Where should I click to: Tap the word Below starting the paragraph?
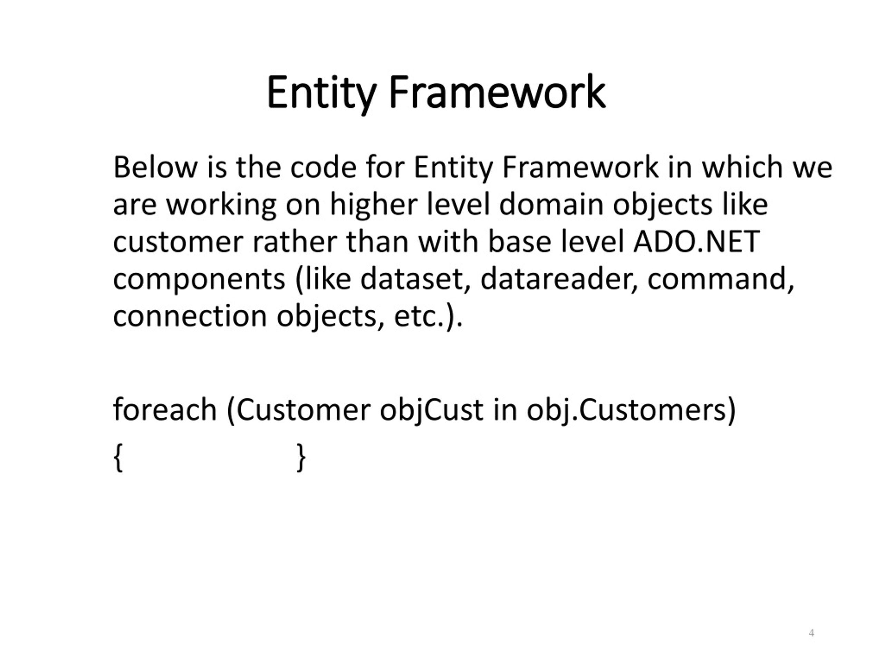(155, 167)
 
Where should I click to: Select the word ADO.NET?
(696, 242)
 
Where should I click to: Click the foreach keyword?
(165, 410)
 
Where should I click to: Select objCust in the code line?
(431, 410)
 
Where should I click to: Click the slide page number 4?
(811, 633)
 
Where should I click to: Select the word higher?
(373, 204)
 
